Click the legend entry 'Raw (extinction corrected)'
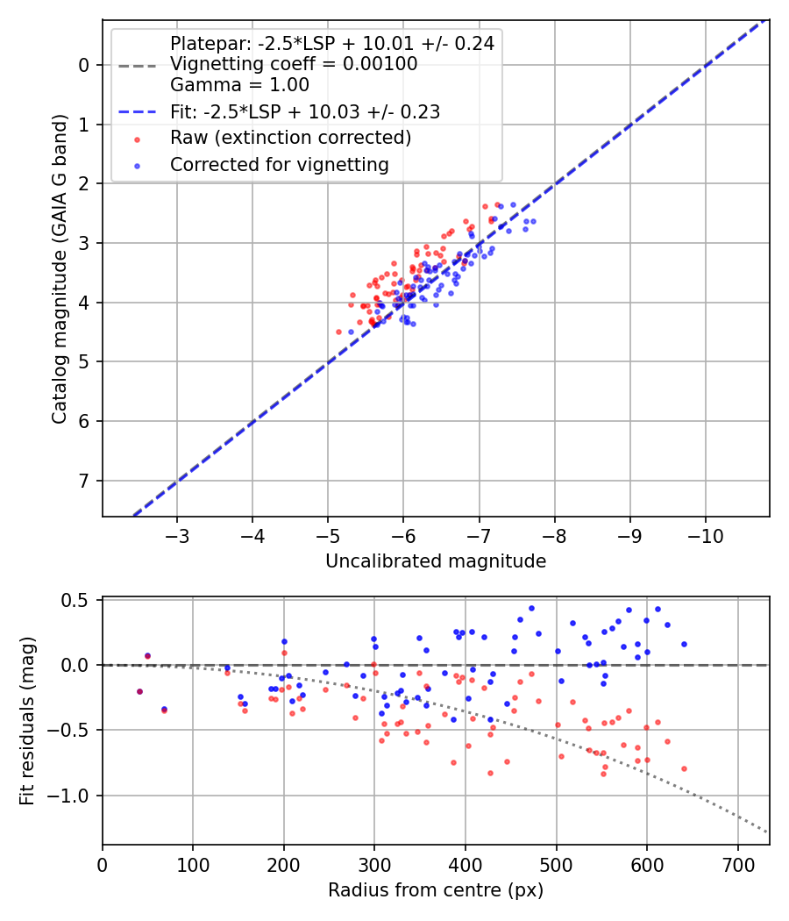pyautogui.click(x=290, y=138)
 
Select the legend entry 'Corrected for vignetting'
pyautogui.click(x=279, y=164)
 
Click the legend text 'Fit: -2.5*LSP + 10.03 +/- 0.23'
pyautogui.click(x=304, y=111)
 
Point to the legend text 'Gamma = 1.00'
pyautogui.click(x=239, y=85)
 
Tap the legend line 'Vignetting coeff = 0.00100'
pyautogui.click(x=294, y=64)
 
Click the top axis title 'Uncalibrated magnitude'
pyautogui.click(x=436, y=561)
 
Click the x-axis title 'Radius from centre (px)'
pyautogui.click(x=436, y=890)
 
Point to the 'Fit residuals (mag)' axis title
pyautogui.click(x=27, y=721)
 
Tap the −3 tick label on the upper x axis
pyautogui.click(x=177, y=534)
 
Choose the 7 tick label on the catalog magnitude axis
pyautogui.click(x=84, y=481)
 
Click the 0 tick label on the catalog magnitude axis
pyautogui.click(x=84, y=65)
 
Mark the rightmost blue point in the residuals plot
pyautogui.click(x=684, y=644)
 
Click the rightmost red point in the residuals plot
pyautogui.click(x=684, y=768)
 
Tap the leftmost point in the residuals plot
pyautogui.click(x=139, y=691)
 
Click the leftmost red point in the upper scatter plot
pyautogui.click(x=338, y=332)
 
